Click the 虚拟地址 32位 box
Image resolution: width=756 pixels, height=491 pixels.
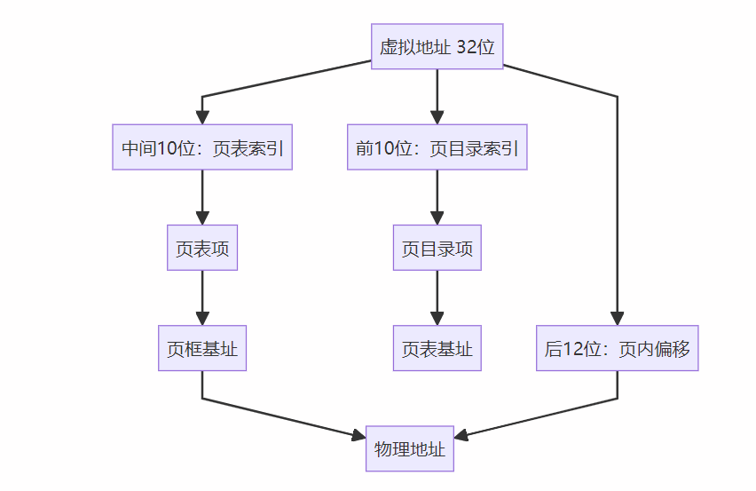(437, 46)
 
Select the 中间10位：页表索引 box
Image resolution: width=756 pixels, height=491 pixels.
(202, 147)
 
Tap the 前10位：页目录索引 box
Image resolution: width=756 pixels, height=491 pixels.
(437, 147)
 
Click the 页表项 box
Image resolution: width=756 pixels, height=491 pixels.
(202, 248)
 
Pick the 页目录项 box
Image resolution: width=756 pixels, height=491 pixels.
(437, 248)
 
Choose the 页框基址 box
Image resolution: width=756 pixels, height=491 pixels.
(202, 348)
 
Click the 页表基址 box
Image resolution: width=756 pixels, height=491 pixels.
(437, 348)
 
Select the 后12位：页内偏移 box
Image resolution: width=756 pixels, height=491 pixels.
(617, 348)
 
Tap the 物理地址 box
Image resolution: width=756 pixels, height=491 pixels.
(409, 448)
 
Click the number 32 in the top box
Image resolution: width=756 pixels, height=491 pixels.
(466, 47)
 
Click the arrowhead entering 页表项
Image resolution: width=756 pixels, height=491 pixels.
(202, 218)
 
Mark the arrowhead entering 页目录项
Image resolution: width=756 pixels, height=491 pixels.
(437, 218)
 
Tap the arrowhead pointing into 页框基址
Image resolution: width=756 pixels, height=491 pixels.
(202, 319)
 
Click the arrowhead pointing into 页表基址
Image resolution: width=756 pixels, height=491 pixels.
(437, 319)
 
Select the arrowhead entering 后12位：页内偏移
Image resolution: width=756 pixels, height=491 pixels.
(617, 319)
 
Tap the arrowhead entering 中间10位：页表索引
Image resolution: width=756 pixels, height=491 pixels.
(202, 118)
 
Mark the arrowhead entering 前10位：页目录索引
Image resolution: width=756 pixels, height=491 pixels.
(437, 118)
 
